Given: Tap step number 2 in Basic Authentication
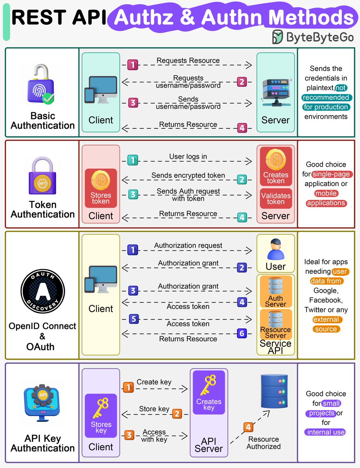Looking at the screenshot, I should (242, 82).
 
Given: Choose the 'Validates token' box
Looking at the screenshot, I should (276, 199).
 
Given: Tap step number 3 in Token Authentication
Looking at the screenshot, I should (133, 194).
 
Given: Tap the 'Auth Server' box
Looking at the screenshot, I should (276, 292).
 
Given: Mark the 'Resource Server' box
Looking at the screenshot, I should (276, 324).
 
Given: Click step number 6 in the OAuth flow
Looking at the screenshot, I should (242, 333).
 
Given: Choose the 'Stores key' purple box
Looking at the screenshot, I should (101, 415).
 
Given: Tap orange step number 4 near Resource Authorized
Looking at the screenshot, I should (248, 427).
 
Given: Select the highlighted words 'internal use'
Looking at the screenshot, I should (326, 432).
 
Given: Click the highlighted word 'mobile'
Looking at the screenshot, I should (326, 193).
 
